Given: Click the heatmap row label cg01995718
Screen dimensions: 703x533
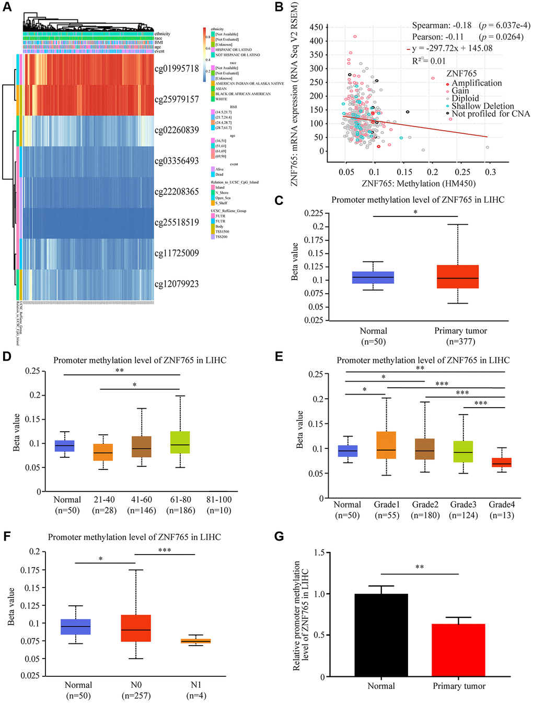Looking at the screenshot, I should click(x=177, y=68).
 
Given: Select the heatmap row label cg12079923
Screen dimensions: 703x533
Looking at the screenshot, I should click(x=177, y=284).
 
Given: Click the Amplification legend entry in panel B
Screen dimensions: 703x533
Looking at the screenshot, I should click(x=476, y=83).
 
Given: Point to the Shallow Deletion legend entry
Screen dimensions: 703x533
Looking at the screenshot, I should click(x=482, y=106).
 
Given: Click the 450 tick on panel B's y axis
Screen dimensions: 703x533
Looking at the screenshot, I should click(x=315, y=27).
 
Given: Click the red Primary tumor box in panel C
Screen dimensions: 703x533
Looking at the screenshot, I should click(x=457, y=276).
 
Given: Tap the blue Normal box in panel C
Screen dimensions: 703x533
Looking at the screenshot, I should click(x=373, y=278).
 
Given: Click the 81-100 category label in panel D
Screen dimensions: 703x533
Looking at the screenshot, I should click(x=219, y=500).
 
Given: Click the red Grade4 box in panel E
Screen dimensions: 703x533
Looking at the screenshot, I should click(x=502, y=463).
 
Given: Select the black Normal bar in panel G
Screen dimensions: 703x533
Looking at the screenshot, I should click(x=381, y=635).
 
